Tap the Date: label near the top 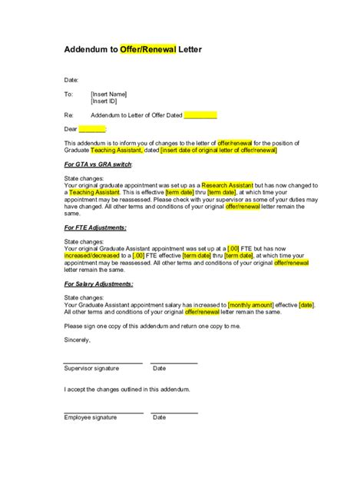pos(71,79)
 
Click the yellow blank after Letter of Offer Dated pos(200,114)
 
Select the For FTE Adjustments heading pos(96,228)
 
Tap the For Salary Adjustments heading pos(99,284)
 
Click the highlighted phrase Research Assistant pos(227,186)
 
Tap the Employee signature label pos(91,417)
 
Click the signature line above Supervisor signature pos(103,362)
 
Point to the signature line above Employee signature pos(103,411)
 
